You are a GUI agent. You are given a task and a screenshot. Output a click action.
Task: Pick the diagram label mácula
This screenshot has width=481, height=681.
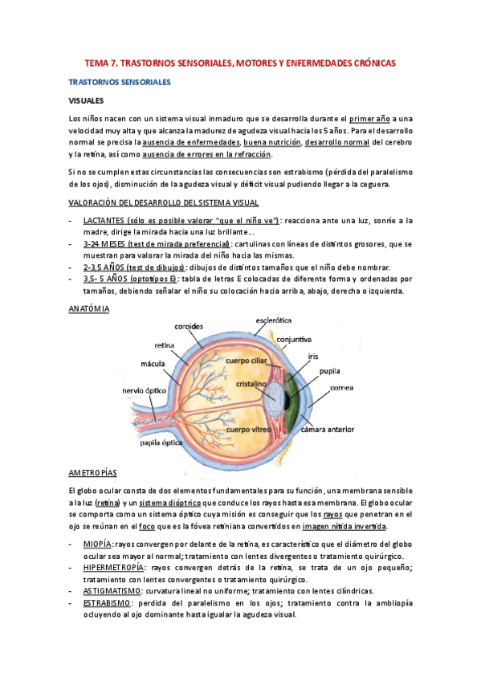153,364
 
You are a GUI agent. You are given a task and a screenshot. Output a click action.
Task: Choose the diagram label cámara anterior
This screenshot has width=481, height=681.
327,430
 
